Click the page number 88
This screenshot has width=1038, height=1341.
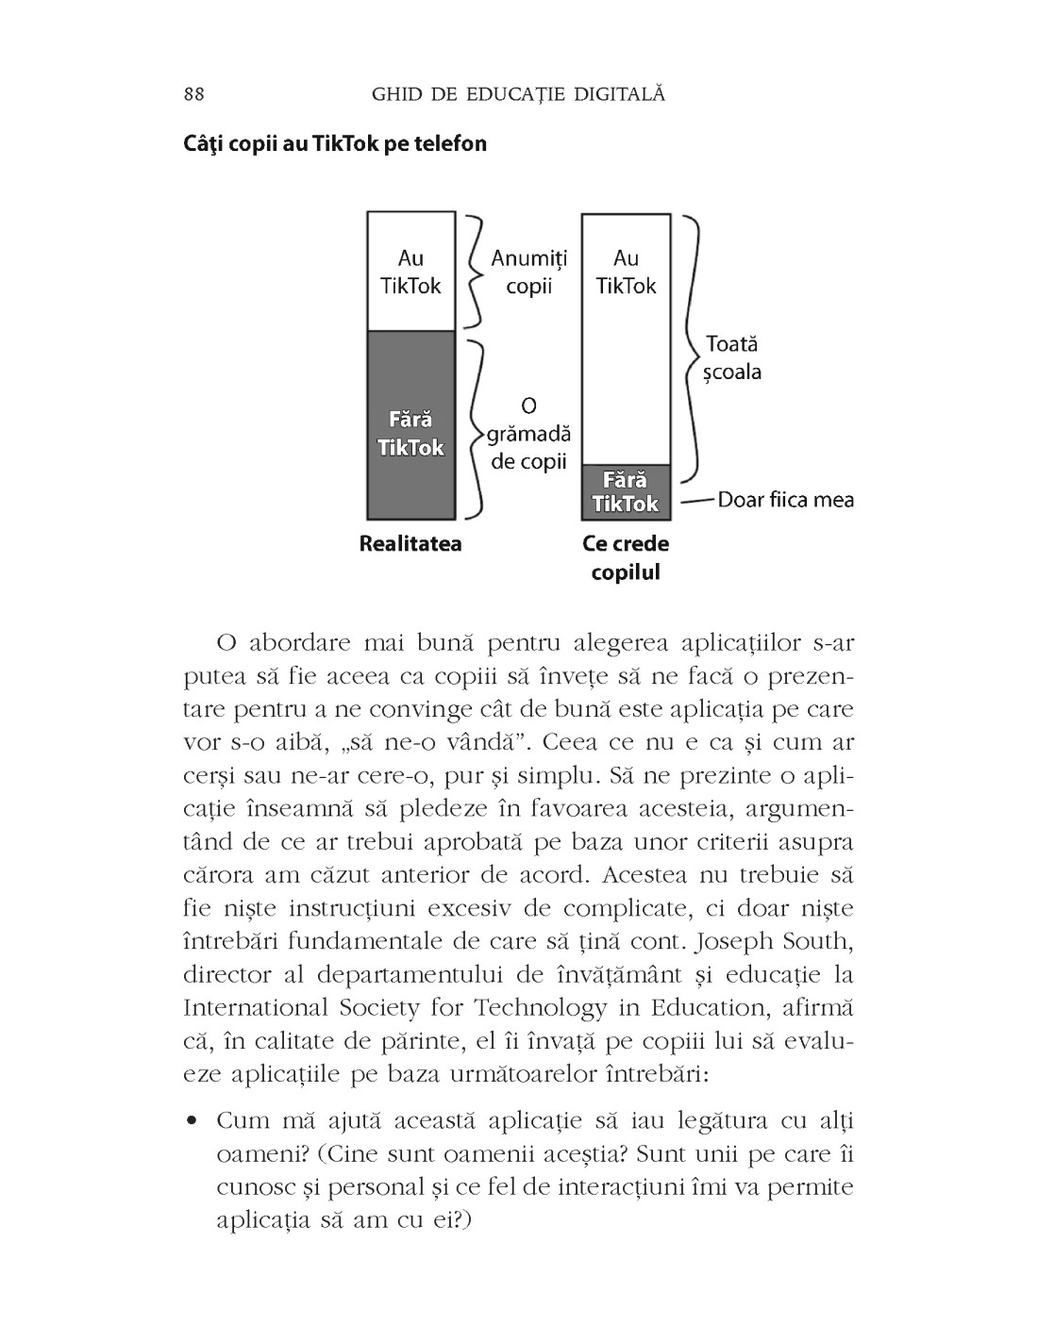point(194,94)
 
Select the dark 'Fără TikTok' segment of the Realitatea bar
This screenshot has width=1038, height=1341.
point(410,424)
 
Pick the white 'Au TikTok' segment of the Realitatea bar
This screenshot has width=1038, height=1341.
point(410,272)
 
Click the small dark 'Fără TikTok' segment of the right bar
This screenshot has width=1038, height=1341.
point(626,492)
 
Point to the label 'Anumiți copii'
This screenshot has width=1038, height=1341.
point(528,272)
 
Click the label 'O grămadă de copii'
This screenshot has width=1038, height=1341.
point(528,433)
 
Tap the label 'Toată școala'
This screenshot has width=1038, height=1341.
point(732,358)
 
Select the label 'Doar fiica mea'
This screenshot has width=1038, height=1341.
point(785,499)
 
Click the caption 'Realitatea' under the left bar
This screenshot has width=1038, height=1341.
point(410,544)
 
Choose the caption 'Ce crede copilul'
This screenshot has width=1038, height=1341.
point(626,557)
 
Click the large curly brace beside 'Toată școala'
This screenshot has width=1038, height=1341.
point(694,349)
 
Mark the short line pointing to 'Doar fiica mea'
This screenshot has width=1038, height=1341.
point(695,500)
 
